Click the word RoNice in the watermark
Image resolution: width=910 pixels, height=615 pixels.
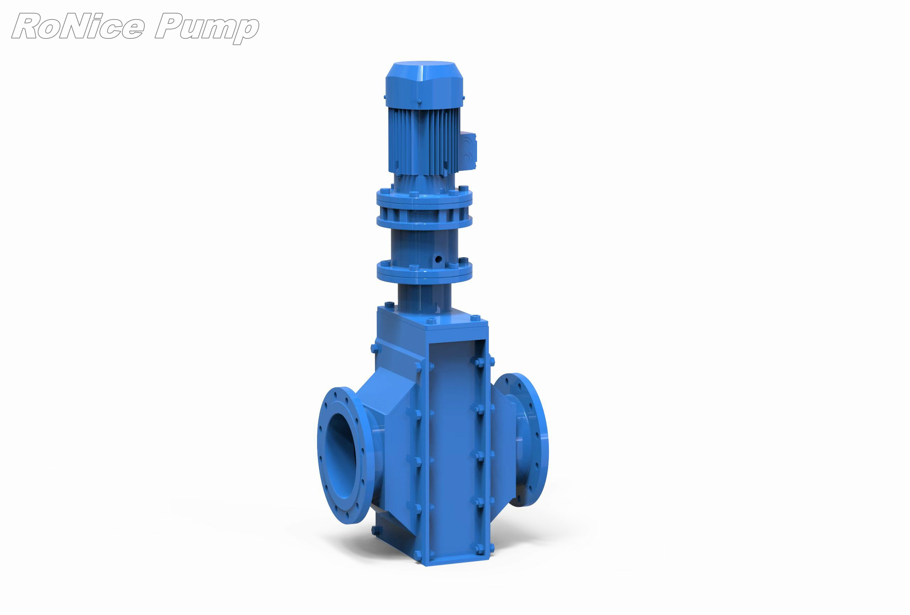[78, 26]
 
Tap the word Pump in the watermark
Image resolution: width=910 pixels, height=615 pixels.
[207, 28]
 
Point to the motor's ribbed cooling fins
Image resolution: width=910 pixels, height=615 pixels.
[424, 141]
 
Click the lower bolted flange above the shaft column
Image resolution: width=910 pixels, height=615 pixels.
[424, 271]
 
